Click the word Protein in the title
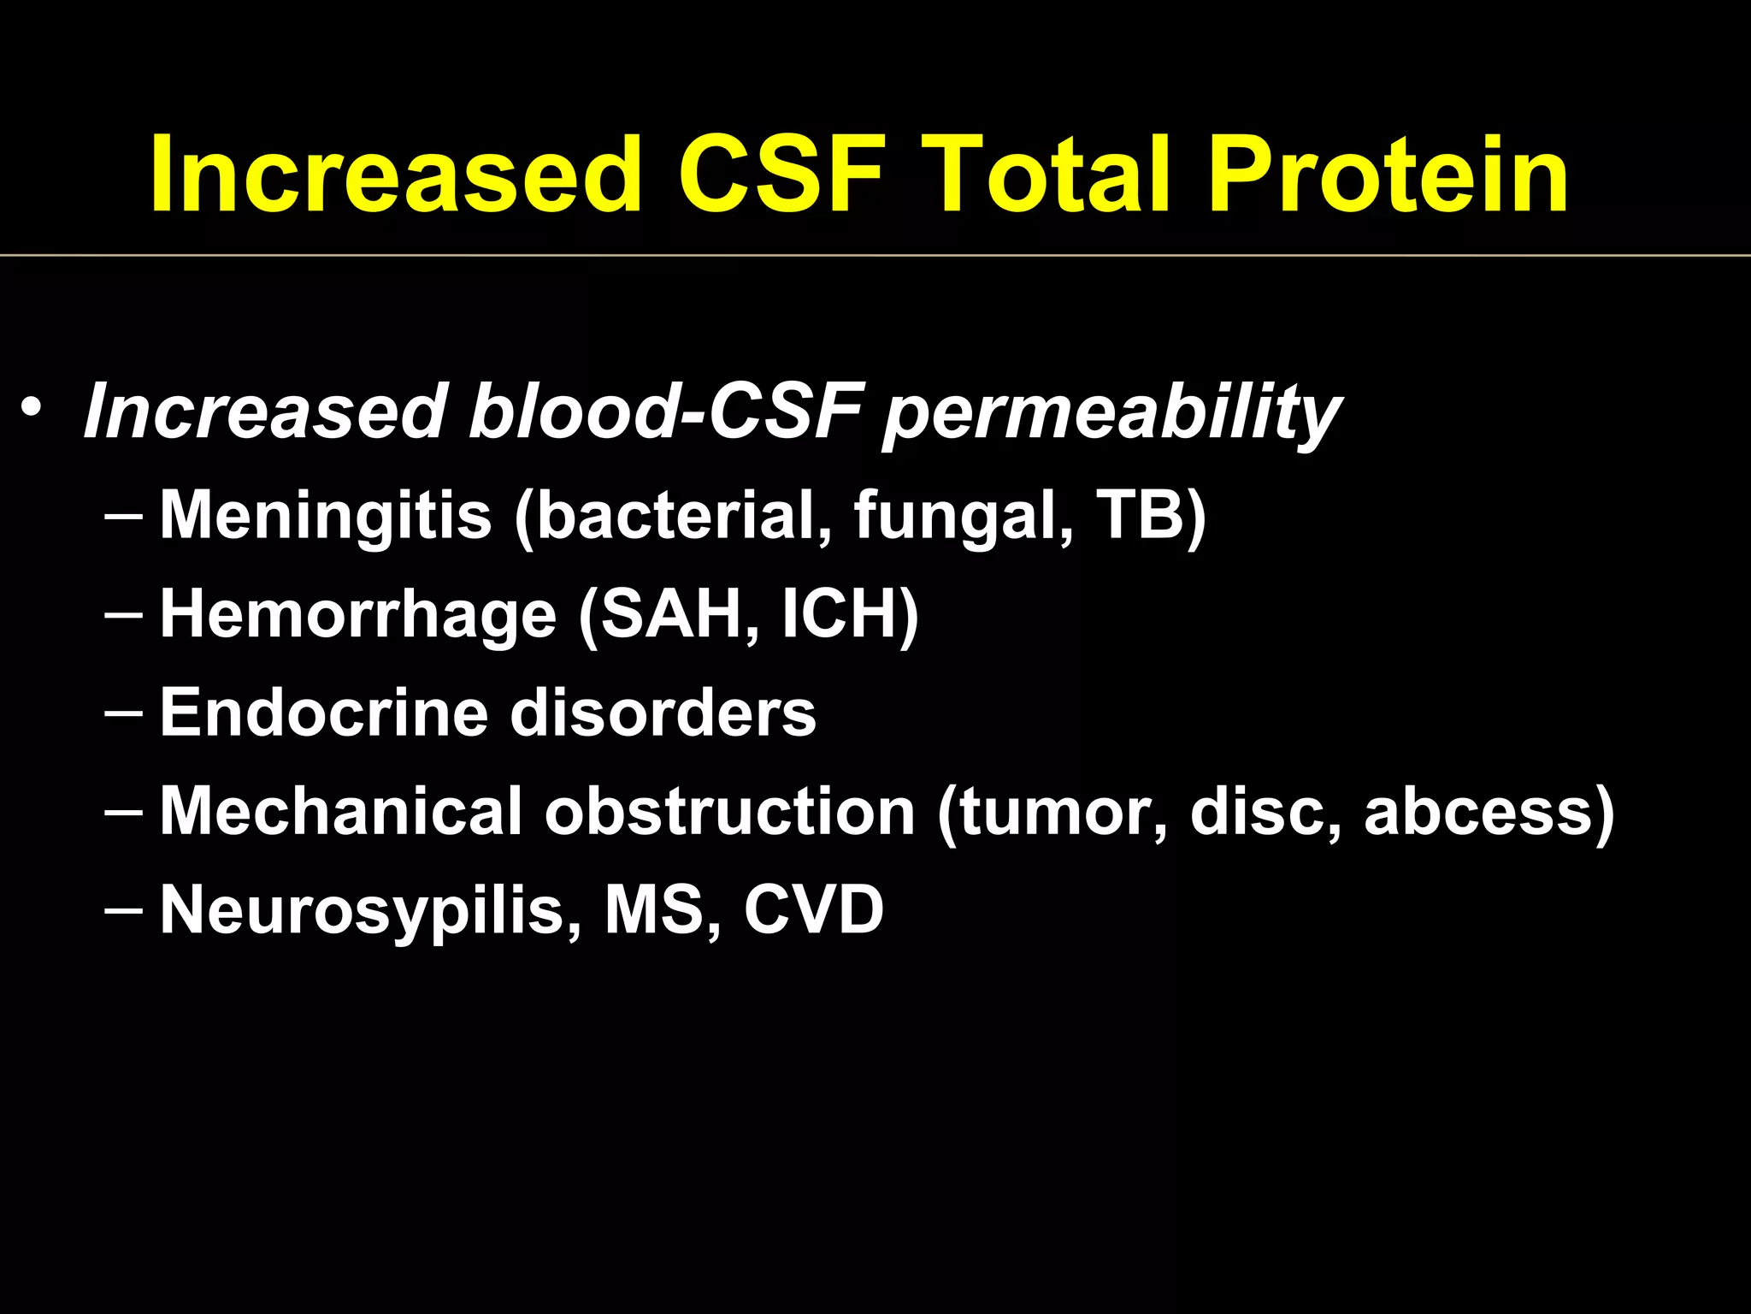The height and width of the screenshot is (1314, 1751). (x=1388, y=175)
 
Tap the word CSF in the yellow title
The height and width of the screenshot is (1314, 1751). (x=781, y=175)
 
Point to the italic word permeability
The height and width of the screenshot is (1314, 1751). (x=1111, y=413)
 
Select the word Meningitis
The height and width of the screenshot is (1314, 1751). (x=326, y=516)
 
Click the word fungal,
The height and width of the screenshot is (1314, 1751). (x=963, y=516)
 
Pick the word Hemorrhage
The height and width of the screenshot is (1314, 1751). (x=358, y=615)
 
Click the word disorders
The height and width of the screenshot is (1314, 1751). (x=663, y=713)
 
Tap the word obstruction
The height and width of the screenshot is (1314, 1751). (x=730, y=811)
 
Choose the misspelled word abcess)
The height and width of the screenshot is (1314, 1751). (x=1489, y=811)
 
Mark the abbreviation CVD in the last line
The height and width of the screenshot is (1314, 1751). (x=813, y=909)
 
